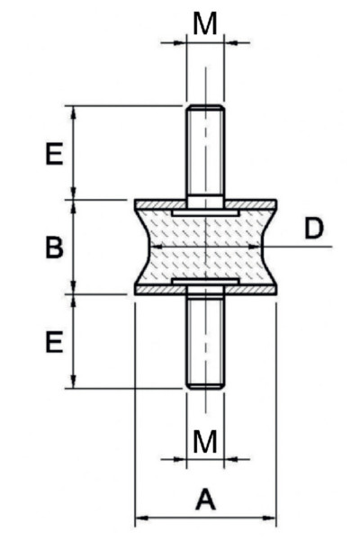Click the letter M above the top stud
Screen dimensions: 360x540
205,23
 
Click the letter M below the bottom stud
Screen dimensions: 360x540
205,441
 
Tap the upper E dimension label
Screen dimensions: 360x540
54,153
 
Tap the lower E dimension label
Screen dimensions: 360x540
54,342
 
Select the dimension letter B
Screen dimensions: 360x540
54,247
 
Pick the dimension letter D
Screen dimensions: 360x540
314,228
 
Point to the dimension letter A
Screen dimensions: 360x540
206,499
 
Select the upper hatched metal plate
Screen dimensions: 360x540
205,204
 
